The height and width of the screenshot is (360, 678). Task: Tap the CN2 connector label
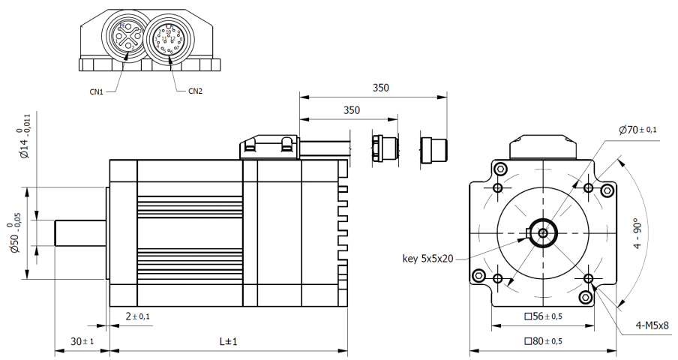coord(194,91)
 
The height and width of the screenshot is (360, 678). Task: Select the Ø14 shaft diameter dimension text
coord(24,136)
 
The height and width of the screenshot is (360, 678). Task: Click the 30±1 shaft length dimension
coord(82,342)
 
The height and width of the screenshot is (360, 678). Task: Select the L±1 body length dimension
coord(228,342)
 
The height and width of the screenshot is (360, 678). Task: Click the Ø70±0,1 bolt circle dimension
coord(638,130)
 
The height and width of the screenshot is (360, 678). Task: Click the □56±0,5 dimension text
coord(543,316)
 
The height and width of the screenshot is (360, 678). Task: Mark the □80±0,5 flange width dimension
coord(543,342)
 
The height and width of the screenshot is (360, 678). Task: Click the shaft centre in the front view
coord(543,232)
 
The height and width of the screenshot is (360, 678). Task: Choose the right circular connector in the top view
coord(166,37)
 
